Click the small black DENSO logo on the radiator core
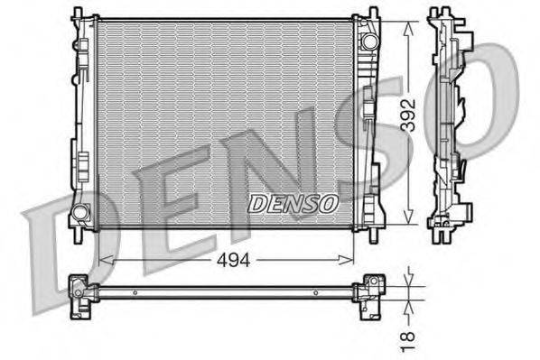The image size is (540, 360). click(x=293, y=204)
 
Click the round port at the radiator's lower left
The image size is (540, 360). click(x=80, y=214)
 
